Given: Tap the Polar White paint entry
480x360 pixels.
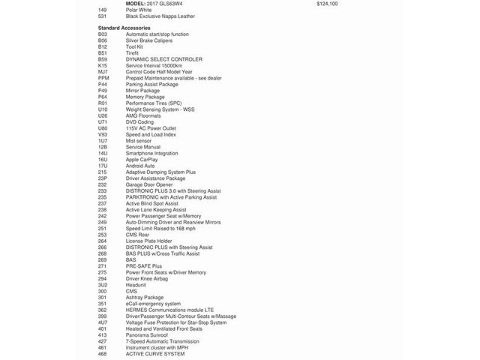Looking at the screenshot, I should point(139,10).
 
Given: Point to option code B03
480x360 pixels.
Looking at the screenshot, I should point(103,34).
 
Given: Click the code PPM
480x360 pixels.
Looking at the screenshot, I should point(103,77).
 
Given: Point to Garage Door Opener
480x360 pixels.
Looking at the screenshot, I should point(149,184).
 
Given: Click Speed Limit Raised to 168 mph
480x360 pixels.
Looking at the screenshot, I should point(165,228).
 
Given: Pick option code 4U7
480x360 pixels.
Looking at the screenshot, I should point(103,322).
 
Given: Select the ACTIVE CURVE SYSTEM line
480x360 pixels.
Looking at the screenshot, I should point(155,353).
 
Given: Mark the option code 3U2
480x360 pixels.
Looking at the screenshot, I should point(103,284).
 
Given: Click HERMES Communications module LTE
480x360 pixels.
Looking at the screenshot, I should point(169,309).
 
